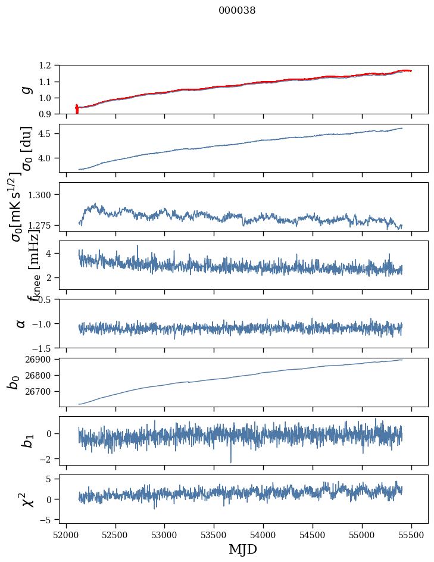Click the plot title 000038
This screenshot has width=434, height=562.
[x=237, y=11]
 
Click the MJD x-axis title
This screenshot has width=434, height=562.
[x=243, y=549]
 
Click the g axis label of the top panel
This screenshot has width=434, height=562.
[x=26, y=90]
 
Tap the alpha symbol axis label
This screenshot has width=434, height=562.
[x=21, y=323]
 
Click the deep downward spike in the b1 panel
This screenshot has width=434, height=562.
[x=231, y=460]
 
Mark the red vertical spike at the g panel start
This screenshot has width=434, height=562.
[x=77, y=109]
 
